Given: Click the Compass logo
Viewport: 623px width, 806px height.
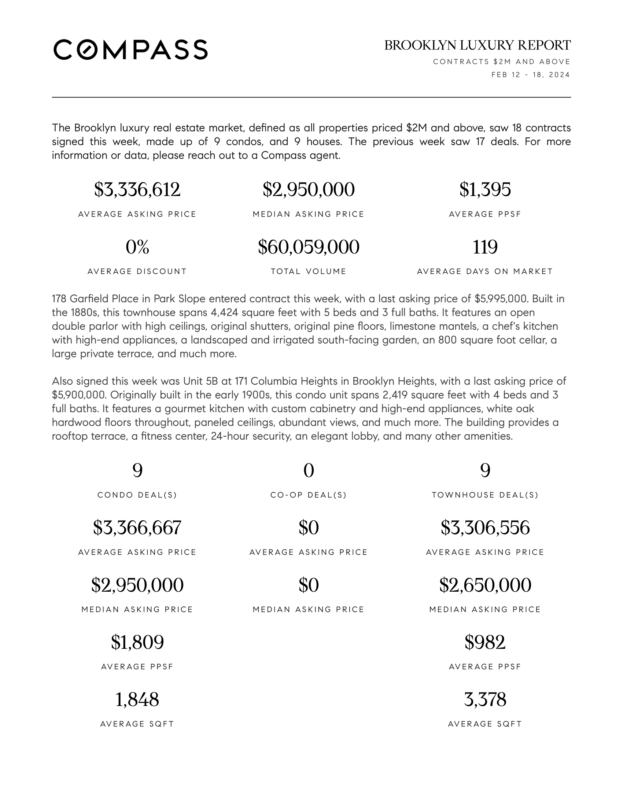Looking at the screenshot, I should click(130, 49).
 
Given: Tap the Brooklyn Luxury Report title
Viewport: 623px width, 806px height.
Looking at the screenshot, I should click(477, 45).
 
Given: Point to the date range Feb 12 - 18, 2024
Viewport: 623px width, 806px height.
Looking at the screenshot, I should click(530, 75).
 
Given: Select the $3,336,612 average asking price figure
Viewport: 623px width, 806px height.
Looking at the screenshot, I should click(137, 190).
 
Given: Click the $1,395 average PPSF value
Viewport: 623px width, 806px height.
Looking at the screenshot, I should click(485, 190).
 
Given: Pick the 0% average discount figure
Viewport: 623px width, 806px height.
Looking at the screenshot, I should click(137, 247).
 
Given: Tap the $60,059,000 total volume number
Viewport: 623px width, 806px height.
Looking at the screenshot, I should click(309, 247).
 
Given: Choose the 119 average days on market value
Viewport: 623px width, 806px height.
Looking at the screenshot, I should click(485, 247).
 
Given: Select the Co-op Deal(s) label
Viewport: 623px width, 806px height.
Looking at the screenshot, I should click(309, 495).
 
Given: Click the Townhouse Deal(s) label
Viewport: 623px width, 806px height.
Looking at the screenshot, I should click(485, 495).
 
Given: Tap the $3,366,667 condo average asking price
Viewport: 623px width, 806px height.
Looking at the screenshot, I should click(137, 528).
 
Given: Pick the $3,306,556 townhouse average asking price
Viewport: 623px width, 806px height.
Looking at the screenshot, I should click(485, 528).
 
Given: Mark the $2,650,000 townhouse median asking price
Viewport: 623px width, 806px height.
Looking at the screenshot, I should click(485, 585).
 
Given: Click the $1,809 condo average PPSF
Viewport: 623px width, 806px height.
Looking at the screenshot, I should click(137, 642).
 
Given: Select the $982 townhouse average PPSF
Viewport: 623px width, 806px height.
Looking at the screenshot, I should click(485, 642).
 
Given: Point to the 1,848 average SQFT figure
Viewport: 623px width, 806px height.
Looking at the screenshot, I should click(137, 699).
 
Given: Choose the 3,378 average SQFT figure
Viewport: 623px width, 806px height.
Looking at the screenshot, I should click(485, 699).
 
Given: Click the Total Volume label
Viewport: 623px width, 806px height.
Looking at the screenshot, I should click(309, 271).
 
